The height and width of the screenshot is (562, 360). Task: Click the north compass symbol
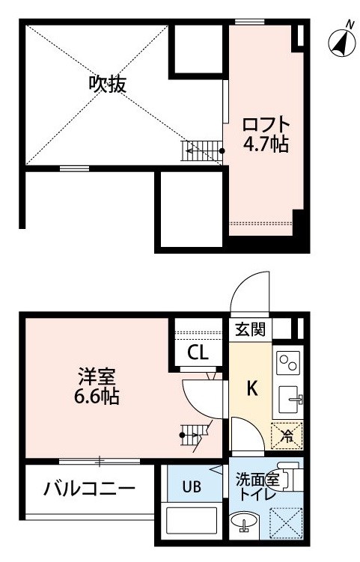pyautogui.click(x=342, y=42)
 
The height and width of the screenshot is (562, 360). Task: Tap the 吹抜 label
pyautogui.click(x=108, y=85)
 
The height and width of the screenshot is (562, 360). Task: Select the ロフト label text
pyautogui.click(x=266, y=125)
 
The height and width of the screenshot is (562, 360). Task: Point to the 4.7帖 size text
pyautogui.click(x=266, y=144)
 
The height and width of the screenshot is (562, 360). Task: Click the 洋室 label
pyautogui.click(x=97, y=377)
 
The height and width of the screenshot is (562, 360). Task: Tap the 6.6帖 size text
pyautogui.click(x=97, y=397)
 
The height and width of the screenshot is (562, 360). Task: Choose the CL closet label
pyautogui.click(x=198, y=353)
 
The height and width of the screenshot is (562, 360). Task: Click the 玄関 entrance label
pyautogui.click(x=251, y=329)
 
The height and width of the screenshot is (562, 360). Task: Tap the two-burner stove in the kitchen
pyautogui.click(x=288, y=363)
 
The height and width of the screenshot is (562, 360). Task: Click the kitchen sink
pyautogui.click(x=290, y=399)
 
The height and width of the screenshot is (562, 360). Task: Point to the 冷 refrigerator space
pyautogui.click(x=287, y=436)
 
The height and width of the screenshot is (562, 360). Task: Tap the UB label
pyautogui.click(x=192, y=487)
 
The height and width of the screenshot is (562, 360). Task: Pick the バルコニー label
pyautogui.click(x=89, y=489)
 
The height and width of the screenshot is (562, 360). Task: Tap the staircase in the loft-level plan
pyautogui.click(x=202, y=151)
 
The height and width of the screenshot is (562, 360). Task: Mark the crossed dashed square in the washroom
pyautogui.click(x=286, y=522)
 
